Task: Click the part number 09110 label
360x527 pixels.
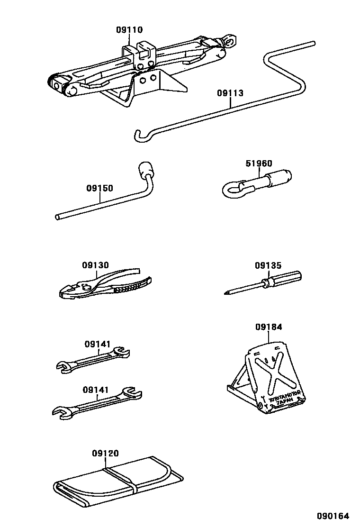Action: pos(129,30)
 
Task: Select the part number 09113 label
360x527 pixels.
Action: pos(230,93)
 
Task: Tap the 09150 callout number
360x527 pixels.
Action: pos(99,188)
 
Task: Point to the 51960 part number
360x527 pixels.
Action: pos(259,164)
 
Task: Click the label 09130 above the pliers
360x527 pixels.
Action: pos(95,265)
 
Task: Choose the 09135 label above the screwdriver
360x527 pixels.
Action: pos(268,265)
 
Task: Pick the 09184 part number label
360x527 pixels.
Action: pos(269,327)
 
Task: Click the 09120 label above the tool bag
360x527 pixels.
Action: pos(105,454)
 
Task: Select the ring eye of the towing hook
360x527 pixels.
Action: pos(232,191)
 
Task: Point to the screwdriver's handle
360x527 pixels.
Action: pos(286,279)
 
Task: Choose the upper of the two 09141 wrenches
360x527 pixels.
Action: pos(93,360)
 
